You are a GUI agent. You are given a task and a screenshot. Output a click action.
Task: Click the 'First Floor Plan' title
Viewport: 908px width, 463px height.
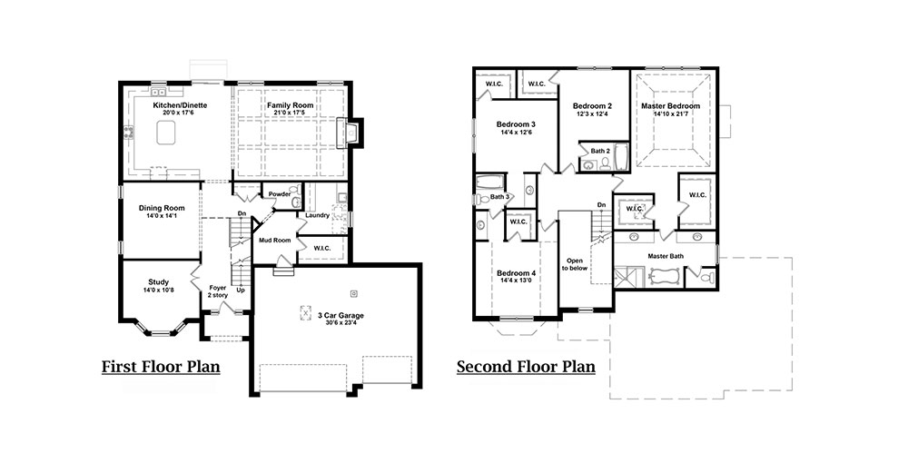point(161,367)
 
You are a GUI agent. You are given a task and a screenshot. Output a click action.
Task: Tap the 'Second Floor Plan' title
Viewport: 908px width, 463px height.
point(526,367)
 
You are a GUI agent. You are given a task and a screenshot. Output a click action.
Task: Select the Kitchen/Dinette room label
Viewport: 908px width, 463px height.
point(180,105)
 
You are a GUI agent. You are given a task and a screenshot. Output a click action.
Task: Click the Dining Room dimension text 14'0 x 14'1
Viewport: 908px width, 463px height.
point(162,216)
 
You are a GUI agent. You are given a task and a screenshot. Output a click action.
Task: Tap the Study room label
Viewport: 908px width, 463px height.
point(158,282)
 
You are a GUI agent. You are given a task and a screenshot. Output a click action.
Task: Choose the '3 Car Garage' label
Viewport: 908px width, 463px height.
point(340,315)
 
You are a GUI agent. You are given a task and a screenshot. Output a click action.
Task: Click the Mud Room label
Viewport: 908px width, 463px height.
point(274,241)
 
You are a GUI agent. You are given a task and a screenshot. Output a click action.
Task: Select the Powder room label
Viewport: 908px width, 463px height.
point(280,194)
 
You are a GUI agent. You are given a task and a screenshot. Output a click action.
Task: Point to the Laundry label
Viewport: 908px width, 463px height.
point(317,215)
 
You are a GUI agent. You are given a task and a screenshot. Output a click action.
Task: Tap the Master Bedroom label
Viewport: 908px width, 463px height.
point(671,106)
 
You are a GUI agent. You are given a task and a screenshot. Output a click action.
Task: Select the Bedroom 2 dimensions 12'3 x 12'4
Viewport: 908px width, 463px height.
point(592,114)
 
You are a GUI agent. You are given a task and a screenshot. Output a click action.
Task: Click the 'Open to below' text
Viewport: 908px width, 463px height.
point(575,264)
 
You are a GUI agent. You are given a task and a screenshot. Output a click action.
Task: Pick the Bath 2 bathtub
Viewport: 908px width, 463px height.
point(621,157)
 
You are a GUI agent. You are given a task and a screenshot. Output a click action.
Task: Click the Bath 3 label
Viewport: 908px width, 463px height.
point(499,197)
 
